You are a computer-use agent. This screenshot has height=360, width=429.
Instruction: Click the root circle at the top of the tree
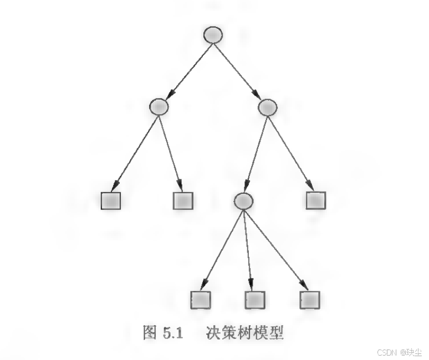pos(213,35)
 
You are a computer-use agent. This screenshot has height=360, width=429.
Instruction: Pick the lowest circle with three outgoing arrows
pos(243,200)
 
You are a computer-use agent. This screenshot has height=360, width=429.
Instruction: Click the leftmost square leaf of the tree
pos(111,200)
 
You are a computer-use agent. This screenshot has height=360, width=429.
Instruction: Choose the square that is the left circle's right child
pos(183,200)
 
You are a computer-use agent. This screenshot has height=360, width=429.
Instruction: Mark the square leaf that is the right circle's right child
pos(316,200)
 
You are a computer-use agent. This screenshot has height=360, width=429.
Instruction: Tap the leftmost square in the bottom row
pos(201,299)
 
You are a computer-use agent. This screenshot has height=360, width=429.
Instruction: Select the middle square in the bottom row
pos(254,299)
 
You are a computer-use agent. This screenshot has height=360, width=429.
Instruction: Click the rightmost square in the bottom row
pos(310,299)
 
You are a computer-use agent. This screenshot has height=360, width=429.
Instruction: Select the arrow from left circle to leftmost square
pos(136,151)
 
